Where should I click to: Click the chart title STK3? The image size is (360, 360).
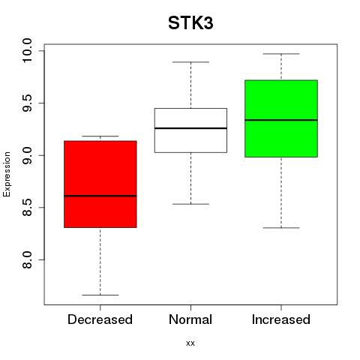point(190,23)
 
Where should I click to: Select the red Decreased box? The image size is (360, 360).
point(100,184)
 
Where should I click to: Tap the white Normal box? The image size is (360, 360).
point(190,130)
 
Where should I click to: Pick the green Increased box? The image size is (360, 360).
point(281,118)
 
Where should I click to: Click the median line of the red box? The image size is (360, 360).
point(100,196)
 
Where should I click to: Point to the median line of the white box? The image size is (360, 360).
point(190,128)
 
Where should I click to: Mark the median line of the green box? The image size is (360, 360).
point(281,120)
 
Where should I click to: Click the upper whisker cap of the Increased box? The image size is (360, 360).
point(281,54)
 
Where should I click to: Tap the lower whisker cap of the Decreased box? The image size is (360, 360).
point(100,295)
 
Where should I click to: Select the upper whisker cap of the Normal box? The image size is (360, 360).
point(190,62)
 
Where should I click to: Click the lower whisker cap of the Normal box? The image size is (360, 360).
point(190,204)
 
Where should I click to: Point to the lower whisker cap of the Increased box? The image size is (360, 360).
point(281,228)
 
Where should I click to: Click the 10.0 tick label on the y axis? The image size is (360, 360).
point(27,50)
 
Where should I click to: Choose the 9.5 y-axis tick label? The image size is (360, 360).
point(27,103)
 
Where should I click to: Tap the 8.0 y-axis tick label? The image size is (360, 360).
point(27,259)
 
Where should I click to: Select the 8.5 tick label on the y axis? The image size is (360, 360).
point(27,208)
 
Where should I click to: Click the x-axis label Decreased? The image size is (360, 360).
point(100,319)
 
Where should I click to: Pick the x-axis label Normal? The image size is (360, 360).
point(190,319)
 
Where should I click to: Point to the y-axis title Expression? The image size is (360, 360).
point(7,174)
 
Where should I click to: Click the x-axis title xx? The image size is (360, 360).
point(190,343)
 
